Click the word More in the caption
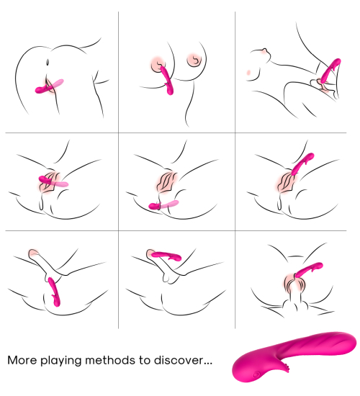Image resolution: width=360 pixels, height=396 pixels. pos(22,360)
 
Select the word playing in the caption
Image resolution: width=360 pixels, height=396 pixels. pos(61,361)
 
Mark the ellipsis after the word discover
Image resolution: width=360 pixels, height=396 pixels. pos(207,363)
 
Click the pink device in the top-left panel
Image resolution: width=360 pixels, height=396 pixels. pos(49,86)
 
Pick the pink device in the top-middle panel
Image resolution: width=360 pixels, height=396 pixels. pos(167,80)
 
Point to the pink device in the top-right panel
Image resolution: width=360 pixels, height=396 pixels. pos(330,71)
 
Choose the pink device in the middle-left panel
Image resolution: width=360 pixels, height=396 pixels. pos(53,181)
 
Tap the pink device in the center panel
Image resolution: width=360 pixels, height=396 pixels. pos(163,204)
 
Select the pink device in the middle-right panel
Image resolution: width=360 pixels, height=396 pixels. pos(302,163)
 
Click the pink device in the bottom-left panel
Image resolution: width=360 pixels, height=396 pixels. pos(54,292)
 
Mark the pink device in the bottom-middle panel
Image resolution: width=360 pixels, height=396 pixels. pos(166,256)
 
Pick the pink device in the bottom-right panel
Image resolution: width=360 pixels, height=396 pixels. pos(309,270)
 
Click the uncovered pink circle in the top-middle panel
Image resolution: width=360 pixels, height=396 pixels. pos(194,60)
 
